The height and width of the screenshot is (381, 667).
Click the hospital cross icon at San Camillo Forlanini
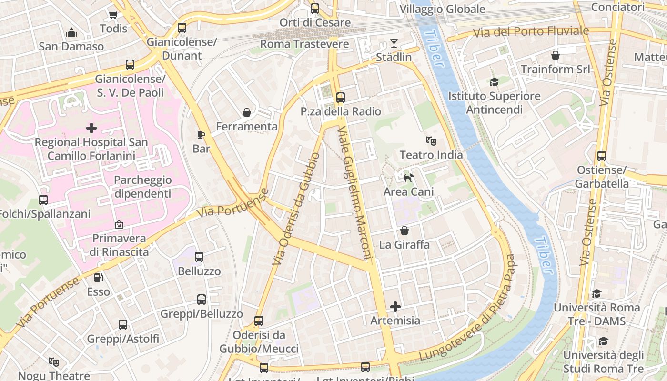(x=91, y=128)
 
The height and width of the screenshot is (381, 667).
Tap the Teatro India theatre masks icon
(x=431, y=140)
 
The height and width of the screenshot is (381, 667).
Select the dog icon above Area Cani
(x=409, y=178)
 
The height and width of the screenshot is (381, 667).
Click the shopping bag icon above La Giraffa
(x=404, y=231)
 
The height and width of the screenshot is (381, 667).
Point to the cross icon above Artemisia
(x=395, y=306)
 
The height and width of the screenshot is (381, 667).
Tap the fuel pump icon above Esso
(x=98, y=277)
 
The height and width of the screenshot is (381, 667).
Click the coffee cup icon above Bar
(x=201, y=135)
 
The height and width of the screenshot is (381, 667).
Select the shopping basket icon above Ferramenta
(x=247, y=112)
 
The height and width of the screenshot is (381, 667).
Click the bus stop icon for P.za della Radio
(x=340, y=98)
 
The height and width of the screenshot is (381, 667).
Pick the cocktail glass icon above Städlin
(x=394, y=43)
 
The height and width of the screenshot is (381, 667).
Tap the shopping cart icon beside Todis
(x=113, y=15)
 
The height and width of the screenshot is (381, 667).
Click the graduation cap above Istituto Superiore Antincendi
(x=494, y=82)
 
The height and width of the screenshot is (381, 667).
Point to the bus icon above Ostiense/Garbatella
(x=602, y=156)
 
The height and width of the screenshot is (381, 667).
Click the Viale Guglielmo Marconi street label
(x=355, y=193)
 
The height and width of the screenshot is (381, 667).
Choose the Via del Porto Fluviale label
(x=531, y=32)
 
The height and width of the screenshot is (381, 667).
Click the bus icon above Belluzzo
(x=199, y=257)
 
